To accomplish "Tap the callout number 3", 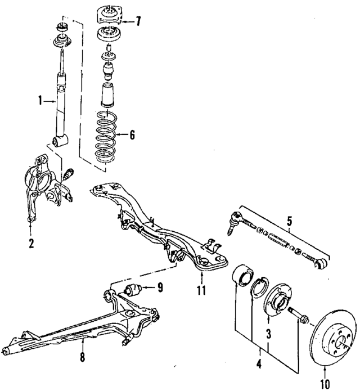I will (269, 333).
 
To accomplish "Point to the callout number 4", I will (259, 364).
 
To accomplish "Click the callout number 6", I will (132, 135).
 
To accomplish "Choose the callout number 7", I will (137, 22).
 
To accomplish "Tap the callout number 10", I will (326, 384).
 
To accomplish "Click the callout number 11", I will (201, 291).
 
